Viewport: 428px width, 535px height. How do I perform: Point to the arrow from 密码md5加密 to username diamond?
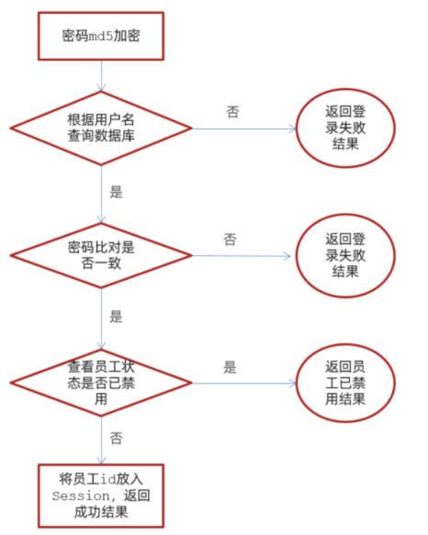point(101,76)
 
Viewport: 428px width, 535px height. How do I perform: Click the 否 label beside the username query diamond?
point(233,112)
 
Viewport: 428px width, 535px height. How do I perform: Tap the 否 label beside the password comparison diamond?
point(231,240)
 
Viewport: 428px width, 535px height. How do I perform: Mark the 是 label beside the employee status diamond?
point(231,367)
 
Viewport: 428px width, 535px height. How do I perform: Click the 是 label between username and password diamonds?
point(116,192)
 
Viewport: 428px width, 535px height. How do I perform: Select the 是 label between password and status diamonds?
point(116,317)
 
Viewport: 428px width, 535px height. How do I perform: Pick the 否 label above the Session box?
point(116,439)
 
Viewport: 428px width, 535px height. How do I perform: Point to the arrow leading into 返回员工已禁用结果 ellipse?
point(244,384)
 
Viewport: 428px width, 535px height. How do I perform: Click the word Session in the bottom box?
point(81,496)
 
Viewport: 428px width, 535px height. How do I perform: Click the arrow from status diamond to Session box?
point(101,440)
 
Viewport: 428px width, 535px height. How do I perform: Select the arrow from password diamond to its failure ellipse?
point(242,256)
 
